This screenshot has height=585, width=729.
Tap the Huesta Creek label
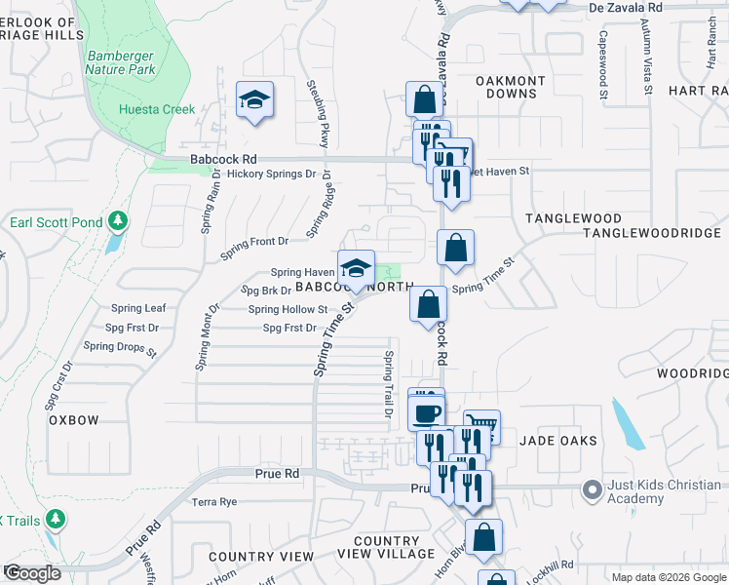point(157,110)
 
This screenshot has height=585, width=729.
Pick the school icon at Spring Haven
point(357,268)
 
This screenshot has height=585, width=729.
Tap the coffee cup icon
point(426,412)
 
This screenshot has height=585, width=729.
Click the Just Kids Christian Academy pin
point(591,488)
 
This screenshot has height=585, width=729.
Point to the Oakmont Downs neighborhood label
point(507,87)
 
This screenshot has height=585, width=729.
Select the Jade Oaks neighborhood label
point(557,441)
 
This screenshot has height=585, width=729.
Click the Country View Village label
point(386,547)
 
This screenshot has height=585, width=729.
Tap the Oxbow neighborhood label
point(74,420)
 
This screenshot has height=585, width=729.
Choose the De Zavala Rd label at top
point(626,7)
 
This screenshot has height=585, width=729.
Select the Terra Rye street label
point(214,502)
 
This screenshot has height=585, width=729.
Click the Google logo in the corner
point(32,572)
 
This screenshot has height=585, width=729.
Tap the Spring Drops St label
point(120,347)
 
